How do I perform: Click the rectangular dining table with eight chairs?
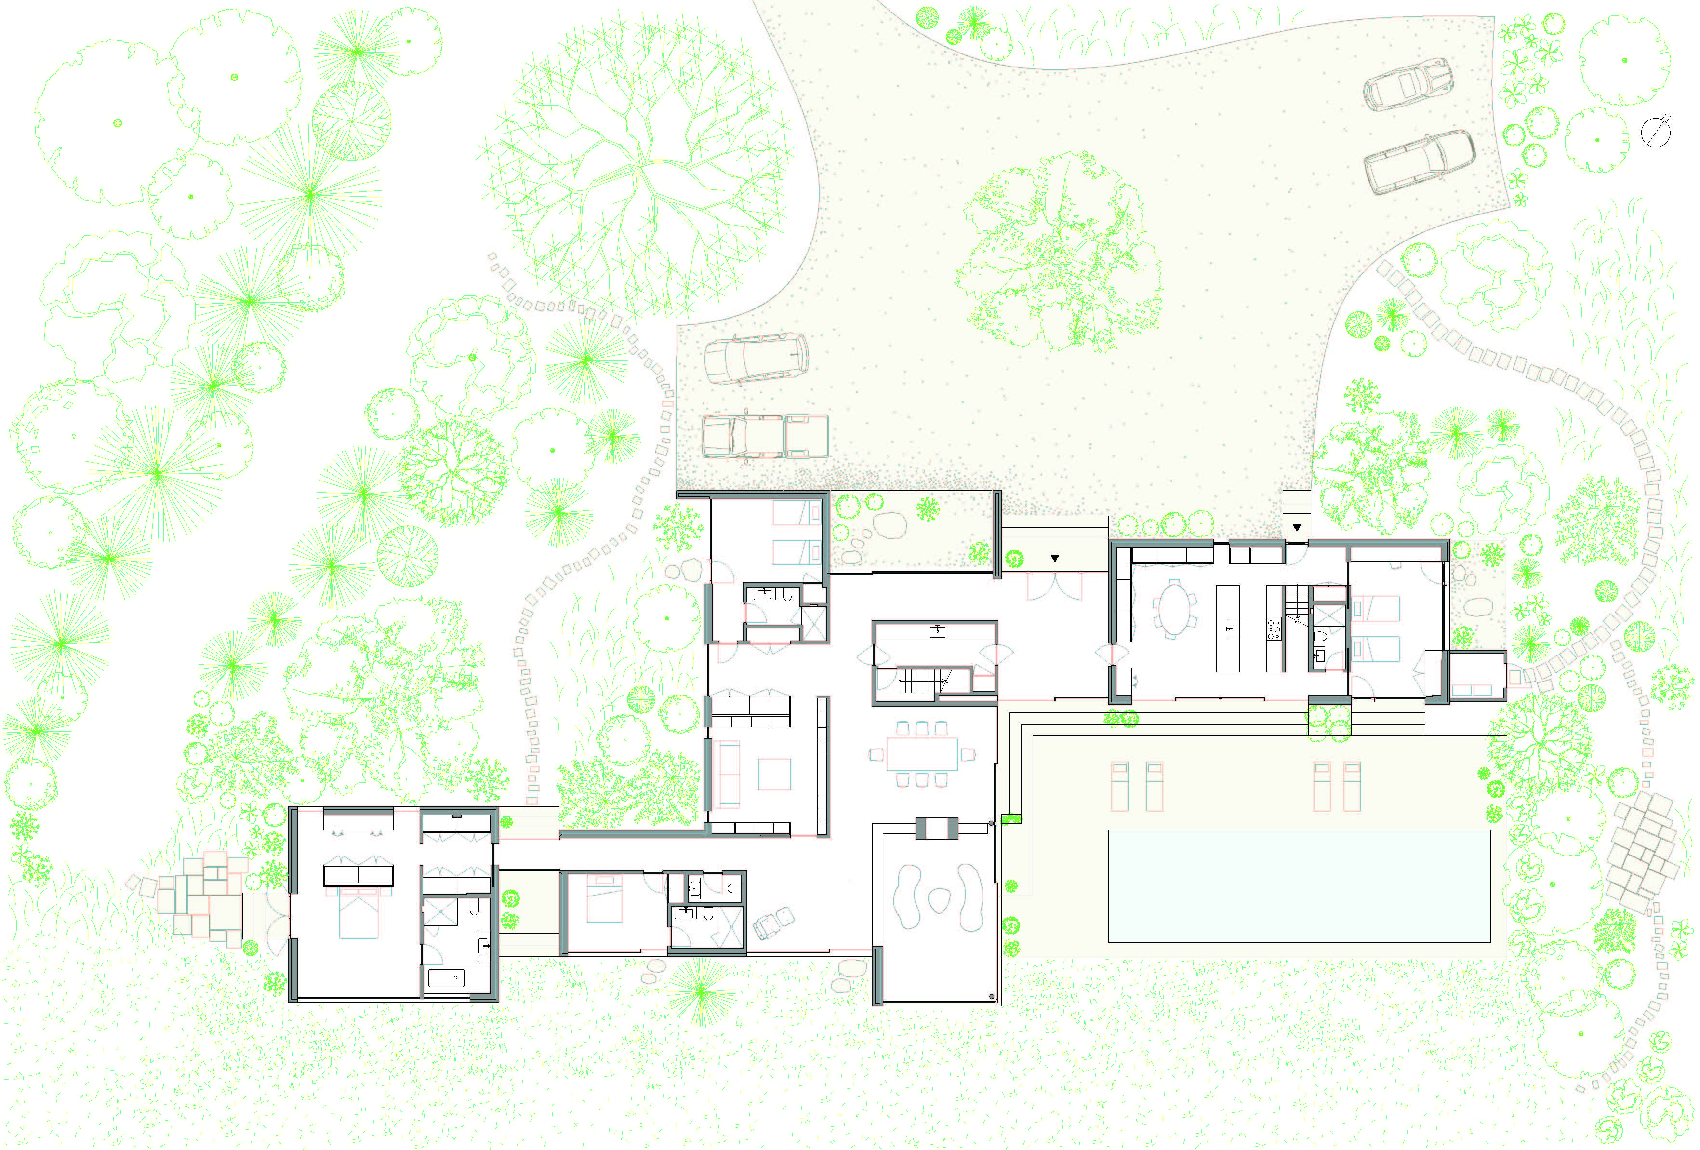pyautogui.click(x=922, y=753)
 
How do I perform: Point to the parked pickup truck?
pyautogui.click(x=764, y=437)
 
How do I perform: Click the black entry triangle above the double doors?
pyautogui.click(x=1054, y=558)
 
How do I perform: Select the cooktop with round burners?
pyautogui.click(x=1274, y=628)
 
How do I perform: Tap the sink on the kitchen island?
pyautogui.click(x=1228, y=627)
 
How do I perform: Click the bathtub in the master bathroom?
pyautogui.click(x=446, y=978)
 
